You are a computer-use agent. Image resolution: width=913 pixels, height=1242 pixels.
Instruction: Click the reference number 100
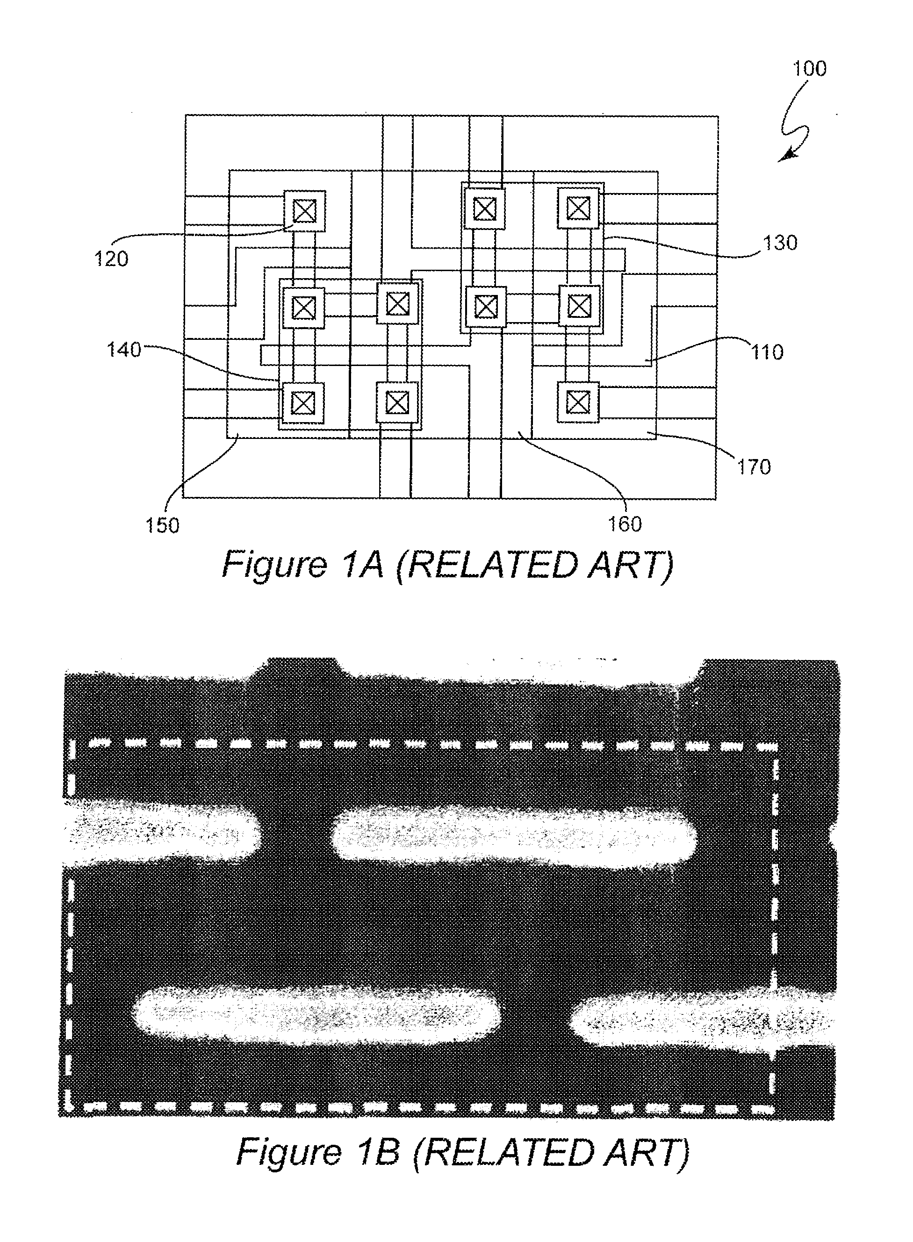(810, 69)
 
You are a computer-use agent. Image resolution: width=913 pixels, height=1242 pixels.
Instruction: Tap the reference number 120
(111, 258)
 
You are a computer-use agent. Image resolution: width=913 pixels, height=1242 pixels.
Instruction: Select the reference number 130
(780, 243)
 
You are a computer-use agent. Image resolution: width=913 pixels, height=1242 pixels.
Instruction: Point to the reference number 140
(124, 350)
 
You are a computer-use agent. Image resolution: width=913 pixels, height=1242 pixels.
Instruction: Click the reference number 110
(767, 352)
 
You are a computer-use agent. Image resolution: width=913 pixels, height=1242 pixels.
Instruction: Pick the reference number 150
(163, 525)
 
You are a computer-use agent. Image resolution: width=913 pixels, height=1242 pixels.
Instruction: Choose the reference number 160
(625, 524)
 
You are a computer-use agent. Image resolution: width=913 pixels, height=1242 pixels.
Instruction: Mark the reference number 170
(754, 467)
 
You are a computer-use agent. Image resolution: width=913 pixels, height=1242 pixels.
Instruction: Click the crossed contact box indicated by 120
(304, 210)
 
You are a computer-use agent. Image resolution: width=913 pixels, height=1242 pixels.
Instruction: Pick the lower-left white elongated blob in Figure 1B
(316, 1015)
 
